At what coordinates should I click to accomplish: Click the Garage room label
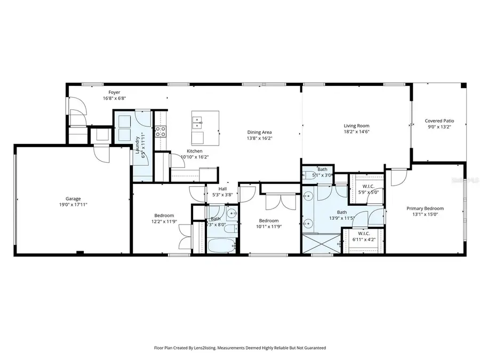click(x=73, y=198)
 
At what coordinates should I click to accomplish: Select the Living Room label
click(x=356, y=126)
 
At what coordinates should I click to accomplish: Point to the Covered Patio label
click(x=439, y=121)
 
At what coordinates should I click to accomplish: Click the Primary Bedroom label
click(x=425, y=209)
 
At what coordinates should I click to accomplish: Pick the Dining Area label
click(x=259, y=132)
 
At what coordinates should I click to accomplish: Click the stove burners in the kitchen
click(x=161, y=132)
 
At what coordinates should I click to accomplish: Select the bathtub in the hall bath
click(x=219, y=246)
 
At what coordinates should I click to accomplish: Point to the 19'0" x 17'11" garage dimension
click(x=73, y=205)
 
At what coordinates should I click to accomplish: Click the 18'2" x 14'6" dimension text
click(x=356, y=132)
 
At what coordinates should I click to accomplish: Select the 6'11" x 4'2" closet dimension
click(x=364, y=239)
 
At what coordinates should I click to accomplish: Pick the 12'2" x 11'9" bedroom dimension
click(x=163, y=221)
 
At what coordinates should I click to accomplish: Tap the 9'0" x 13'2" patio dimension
click(x=439, y=127)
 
